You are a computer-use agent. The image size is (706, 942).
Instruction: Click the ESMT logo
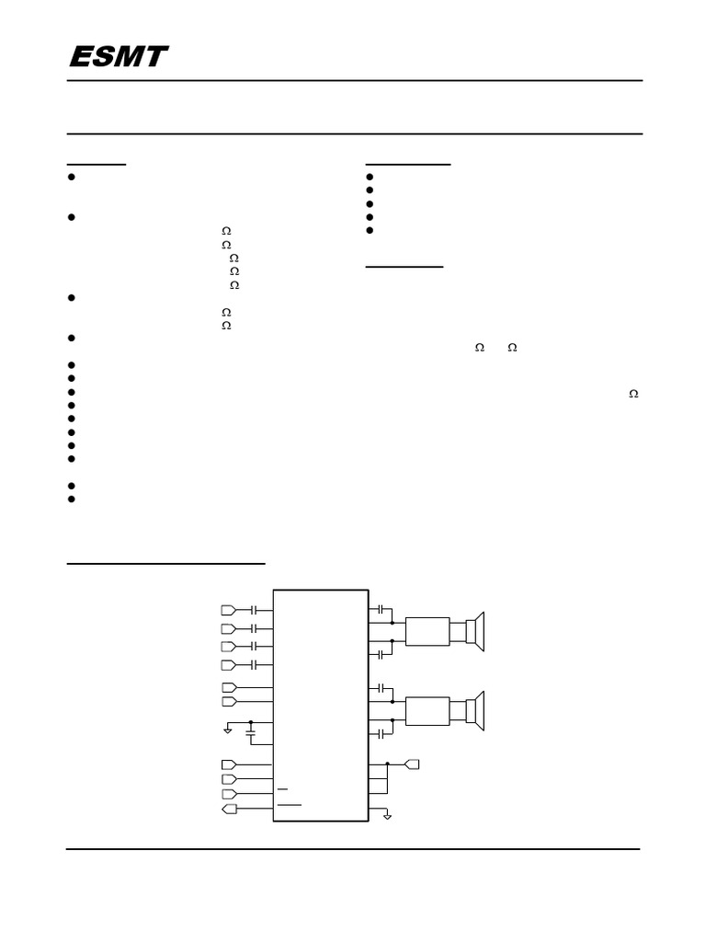pyautogui.click(x=118, y=57)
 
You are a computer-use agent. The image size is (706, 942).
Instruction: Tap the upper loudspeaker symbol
pyautogui.click(x=474, y=631)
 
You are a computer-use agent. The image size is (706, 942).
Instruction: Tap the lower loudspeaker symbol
pyautogui.click(x=474, y=710)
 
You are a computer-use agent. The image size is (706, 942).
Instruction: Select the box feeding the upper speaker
pyautogui.click(x=427, y=632)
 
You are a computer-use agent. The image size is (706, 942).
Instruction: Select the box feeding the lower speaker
pyautogui.click(x=427, y=711)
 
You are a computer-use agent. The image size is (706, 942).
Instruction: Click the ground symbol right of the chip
pyautogui.click(x=387, y=816)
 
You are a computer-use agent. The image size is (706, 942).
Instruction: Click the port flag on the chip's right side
pyautogui.click(x=412, y=764)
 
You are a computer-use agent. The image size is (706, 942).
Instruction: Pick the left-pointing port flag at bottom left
pyautogui.click(x=229, y=809)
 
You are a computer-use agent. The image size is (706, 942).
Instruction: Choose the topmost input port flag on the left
pyautogui.click(x=229, y=610)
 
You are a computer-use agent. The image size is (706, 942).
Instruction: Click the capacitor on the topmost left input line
pyautogui.click(x=255, y=610)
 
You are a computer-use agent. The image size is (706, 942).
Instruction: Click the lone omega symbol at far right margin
pyautogui.click(x=633, y=394)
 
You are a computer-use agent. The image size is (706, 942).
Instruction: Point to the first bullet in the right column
pyautogui.click(x=370, y=178)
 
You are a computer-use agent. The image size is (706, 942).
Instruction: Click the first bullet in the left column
pyautogui.click(x=71, y=178)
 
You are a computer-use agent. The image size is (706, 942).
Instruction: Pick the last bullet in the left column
pyautogui.click(x=71, y=499)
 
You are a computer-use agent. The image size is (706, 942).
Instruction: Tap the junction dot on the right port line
pyautogui.click(x=388, y=764)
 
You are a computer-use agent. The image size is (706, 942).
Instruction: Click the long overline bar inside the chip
pyautogui.click(x=289, y=804)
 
